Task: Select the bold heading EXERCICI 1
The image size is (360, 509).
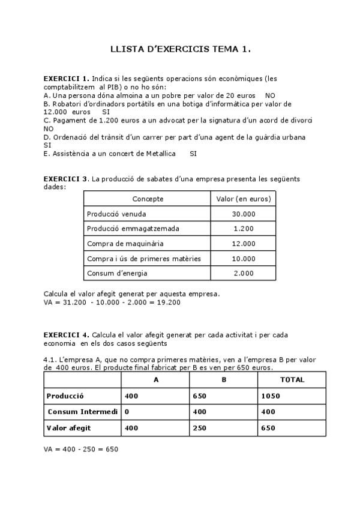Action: tap(66, 79)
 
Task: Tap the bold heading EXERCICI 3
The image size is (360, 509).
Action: tap(66, 179)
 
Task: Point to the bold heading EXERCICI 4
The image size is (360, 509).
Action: tap(66, 334)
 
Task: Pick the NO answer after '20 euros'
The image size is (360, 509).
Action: tap(270, 95)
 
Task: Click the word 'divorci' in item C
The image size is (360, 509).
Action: tap(300, 120)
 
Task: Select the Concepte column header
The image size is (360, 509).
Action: tap(148, 199)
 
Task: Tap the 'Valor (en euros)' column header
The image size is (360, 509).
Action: tap(243, 199)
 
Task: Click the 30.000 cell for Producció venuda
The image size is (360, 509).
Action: tap(243, 214)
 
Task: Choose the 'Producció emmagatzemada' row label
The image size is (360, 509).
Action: tap(133, 229)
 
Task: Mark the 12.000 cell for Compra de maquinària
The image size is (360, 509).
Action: tap(243, 244)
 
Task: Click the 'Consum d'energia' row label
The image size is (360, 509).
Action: tap(116, 273)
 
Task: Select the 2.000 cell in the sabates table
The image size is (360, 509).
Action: tap(243, 273)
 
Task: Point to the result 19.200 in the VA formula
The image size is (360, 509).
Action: tap(169, 302)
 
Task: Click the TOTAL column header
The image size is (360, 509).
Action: tap(292, 380)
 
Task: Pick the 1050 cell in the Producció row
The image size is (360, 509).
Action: tap(271, 396)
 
